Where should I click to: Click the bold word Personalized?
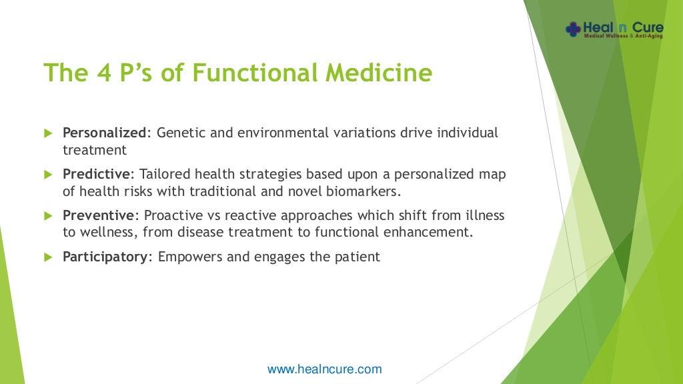[105, 133]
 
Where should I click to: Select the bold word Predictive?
[96, 174]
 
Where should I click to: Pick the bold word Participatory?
[105, 257]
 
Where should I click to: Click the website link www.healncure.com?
[325, 369]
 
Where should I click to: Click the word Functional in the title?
[255, 72]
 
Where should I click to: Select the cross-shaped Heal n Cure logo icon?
[573, 29]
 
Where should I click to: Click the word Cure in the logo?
[648, 28]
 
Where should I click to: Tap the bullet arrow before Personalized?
[48, 133]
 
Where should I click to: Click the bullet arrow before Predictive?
[48, 175]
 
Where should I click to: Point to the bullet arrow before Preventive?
[48, 216]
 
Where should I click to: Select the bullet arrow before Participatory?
[48, 257]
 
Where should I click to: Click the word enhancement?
[428, 232]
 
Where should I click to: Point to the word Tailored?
[165, 174]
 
